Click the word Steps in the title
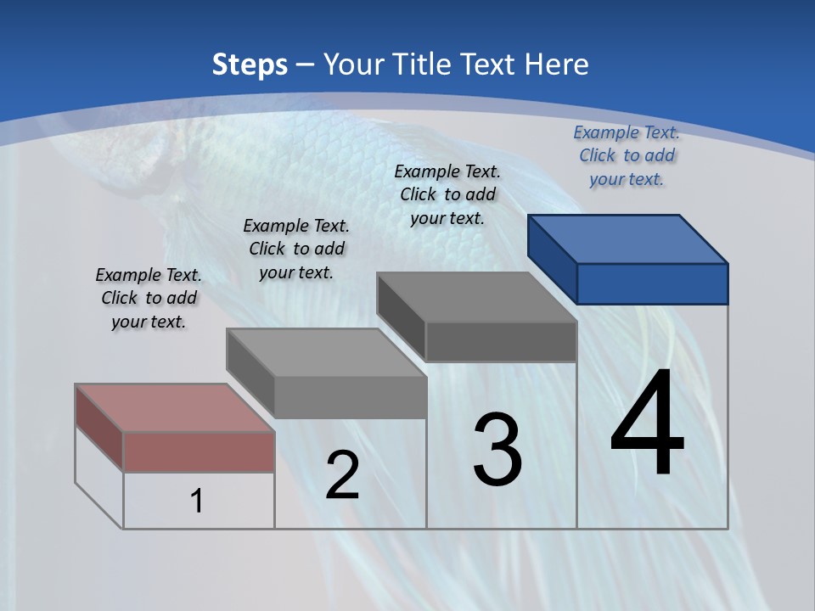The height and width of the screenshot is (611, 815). [250, 64]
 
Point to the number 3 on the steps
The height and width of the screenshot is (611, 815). [497, 450]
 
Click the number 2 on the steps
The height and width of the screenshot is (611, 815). [342, 475]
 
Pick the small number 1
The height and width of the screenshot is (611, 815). [196, 502]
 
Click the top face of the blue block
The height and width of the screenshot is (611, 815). [628, 238]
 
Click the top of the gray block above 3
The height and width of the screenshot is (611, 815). [476, 296]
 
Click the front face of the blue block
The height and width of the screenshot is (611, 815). [652, 283]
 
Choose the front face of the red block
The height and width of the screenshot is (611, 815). [199, 451]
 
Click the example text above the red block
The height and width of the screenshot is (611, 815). [149, 299]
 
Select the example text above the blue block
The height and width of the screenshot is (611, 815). [627, 156]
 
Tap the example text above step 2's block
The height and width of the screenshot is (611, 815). [296, 249]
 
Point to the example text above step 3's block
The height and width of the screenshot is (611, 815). [447, 195]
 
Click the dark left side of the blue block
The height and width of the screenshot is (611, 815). [552, 259]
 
